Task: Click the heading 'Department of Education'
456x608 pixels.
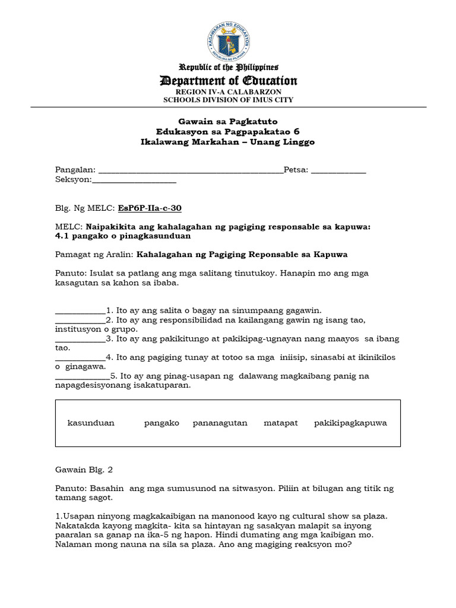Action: pos(228,81)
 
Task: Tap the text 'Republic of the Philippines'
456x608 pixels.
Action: pos(228,67)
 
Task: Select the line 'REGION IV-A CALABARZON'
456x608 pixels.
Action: pos(228,92)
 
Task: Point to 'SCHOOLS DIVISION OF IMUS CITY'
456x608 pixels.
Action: pos(228,100)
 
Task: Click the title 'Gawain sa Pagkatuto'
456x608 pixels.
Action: pos(228,122)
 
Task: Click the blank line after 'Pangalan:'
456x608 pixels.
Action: pos(190,172)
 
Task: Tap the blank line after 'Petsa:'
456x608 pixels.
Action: pos(338,172)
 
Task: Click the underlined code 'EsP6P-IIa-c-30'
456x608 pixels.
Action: pos(150,208)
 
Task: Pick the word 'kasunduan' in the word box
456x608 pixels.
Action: pos(91,423)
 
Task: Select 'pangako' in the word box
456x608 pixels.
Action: pos(161,423)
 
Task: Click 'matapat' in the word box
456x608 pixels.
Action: pos(281,423)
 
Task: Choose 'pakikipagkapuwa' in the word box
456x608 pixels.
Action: pos(350,423)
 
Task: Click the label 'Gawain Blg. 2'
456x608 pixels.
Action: pos(84,470)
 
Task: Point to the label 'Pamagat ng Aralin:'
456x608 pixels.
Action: pos(94,254)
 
